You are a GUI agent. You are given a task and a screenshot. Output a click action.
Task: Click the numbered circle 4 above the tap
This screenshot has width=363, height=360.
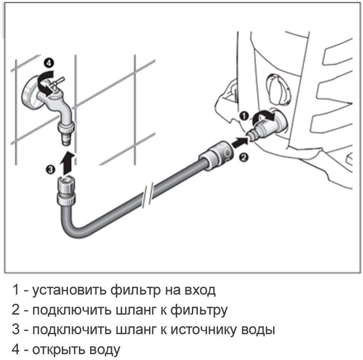[49, 63]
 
